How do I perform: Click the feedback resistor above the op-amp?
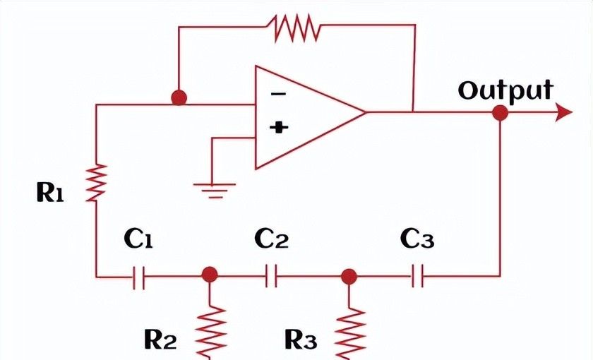click(296, 28)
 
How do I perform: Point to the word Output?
click(505, 90)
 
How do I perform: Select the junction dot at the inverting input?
click(179, 97)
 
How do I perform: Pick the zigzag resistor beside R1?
click(97, 181)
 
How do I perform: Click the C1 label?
click(138, 240)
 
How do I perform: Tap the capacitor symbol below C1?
click(138, 277)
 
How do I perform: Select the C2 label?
click(272, 240)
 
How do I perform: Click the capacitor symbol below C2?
click(272, 277)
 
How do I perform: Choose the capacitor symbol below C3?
click(417, 277)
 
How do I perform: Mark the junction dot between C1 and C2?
click(209, 275)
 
